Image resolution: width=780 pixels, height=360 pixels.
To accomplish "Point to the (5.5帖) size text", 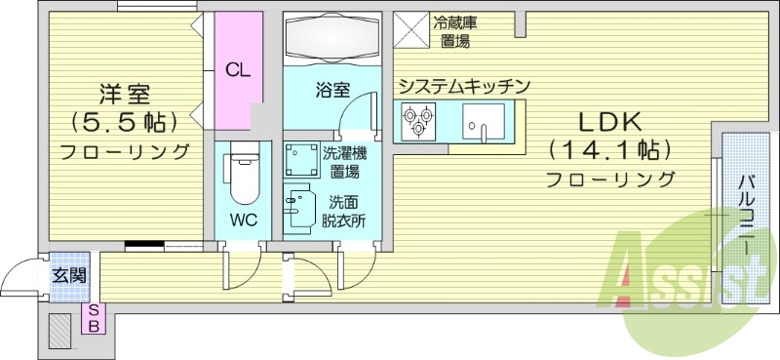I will coord(124,123).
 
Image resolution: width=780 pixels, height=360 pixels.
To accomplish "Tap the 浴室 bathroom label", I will coord(331,91).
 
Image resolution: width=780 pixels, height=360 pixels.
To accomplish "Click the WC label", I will coord(243,220).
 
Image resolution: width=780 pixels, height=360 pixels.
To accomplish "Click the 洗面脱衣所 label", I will coord(346,212).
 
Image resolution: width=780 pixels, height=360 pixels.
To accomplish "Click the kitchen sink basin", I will coord(481,125).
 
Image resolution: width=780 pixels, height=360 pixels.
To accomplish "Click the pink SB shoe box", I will coord(94,317).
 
